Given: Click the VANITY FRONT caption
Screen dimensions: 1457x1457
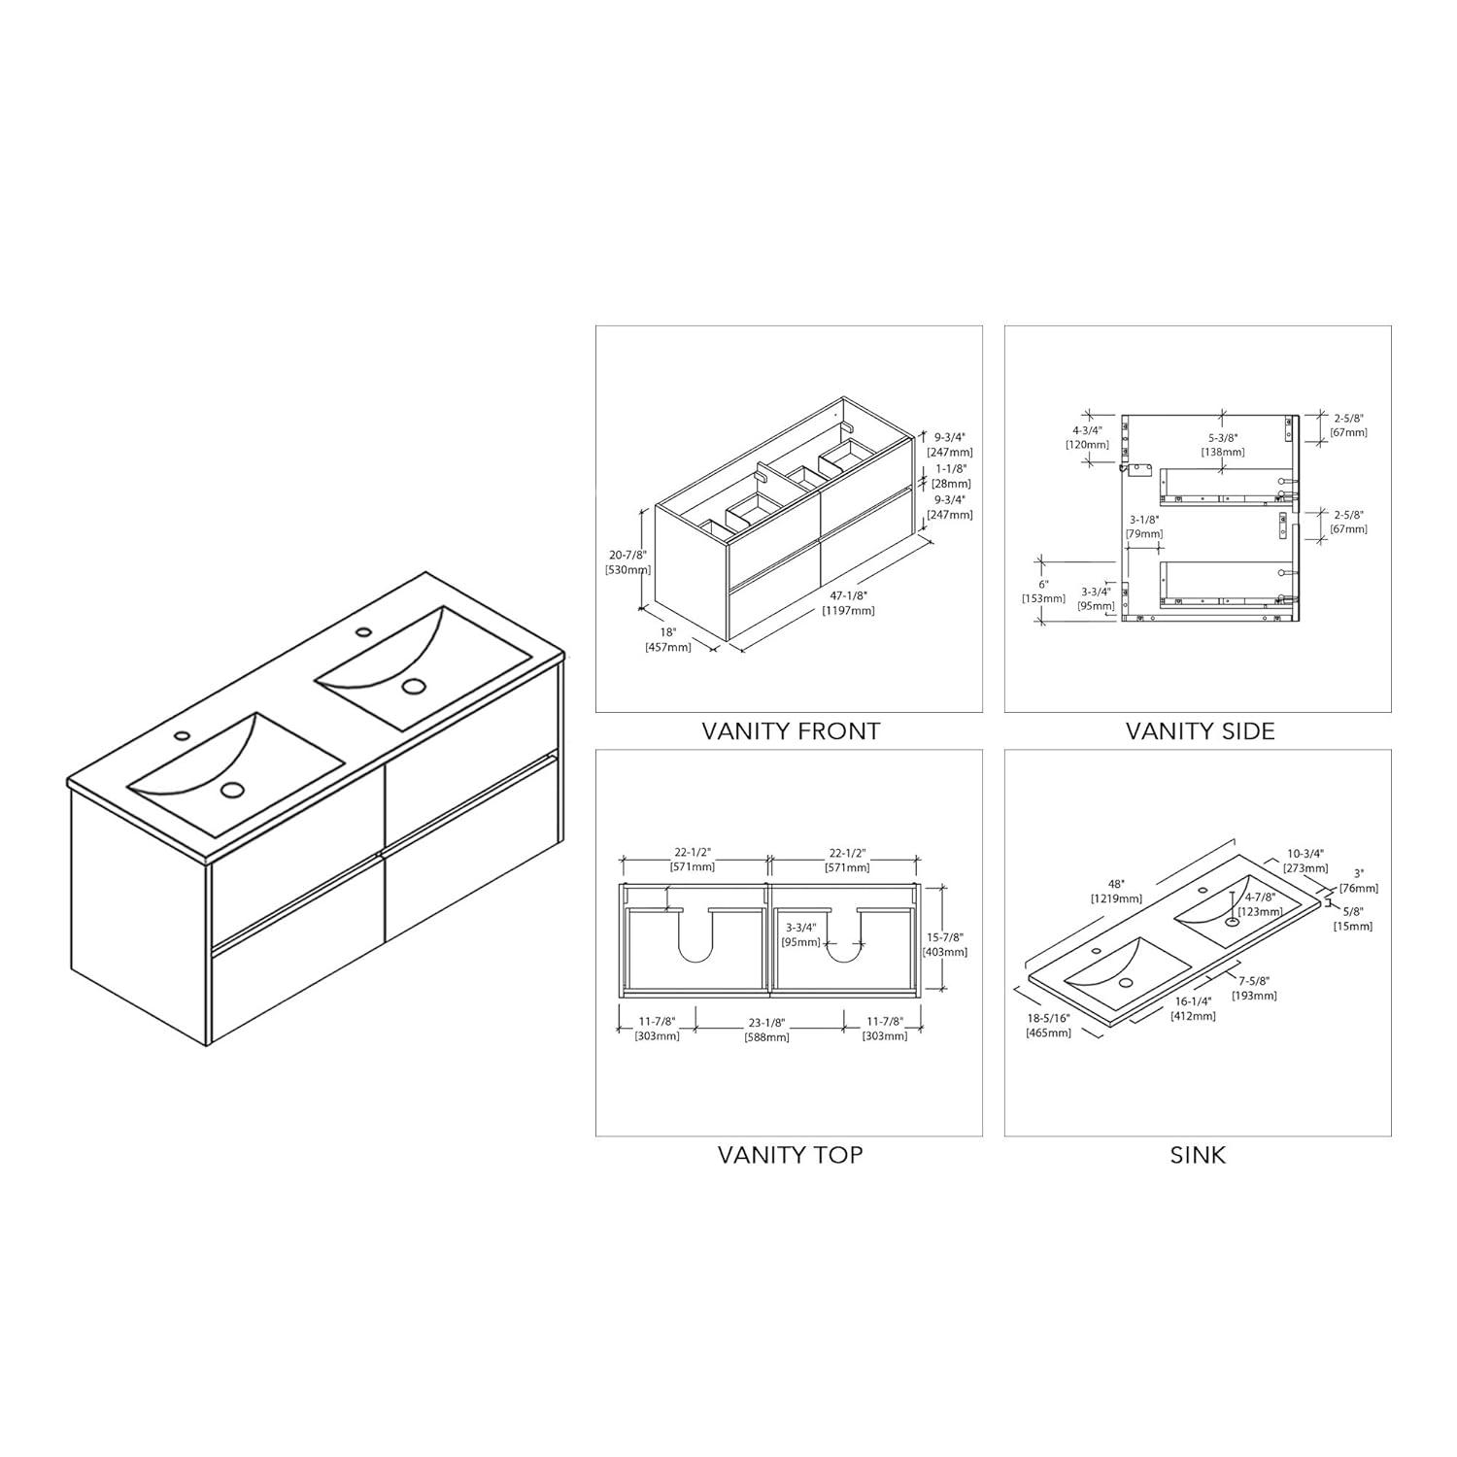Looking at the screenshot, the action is click(x=791, y=730).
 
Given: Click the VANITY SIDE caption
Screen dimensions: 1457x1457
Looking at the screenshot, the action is click(x=1200, y=730).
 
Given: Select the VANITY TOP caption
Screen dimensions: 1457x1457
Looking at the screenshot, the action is click(x=790, y=1155).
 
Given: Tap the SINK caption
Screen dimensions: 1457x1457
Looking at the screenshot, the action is click(x=1198, y=1155).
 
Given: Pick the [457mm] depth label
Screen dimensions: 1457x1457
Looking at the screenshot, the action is click(x=667, y=647).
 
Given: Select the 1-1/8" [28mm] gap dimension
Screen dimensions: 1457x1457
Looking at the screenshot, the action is click(x=951, y=475).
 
